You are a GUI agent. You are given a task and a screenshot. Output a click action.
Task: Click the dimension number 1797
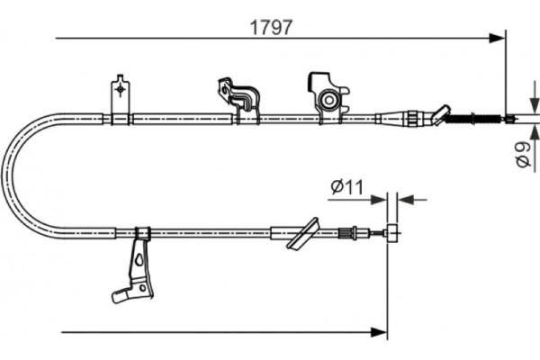point(271,26)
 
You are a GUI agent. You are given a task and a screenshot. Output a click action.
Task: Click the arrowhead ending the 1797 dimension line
point(498,38)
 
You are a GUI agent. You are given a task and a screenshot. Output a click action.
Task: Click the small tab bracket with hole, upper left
point(121,94)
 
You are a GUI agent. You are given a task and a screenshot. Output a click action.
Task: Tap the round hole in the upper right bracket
point(330,98)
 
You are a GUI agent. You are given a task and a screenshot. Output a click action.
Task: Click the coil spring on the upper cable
point(473,118)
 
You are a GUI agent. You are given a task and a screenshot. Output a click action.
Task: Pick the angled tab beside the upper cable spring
point(440,114)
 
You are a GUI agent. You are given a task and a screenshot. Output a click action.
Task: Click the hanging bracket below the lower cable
point(139,265)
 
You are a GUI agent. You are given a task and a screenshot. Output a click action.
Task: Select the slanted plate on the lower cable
point(303,232)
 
